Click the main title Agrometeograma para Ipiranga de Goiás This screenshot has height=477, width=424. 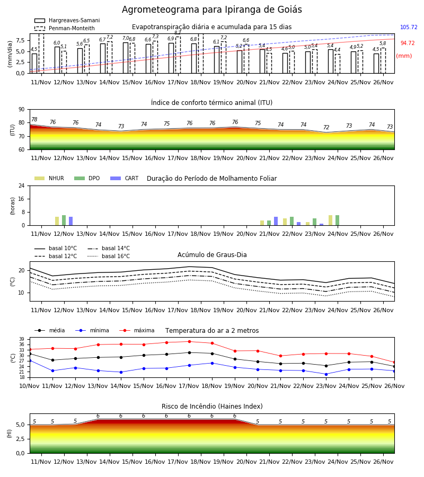pyautogui.click(x=211, y=10)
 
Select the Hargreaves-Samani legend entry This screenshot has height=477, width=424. pyautogui.click(x=67, y=20)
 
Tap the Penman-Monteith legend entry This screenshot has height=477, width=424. pyautogui.click(x=65, y=28)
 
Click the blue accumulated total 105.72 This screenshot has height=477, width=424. pyautogui.click(x=409, y=27)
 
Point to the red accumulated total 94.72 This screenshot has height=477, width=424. pyautogui.click(x=408, y=43)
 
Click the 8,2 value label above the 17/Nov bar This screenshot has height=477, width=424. pyautogui.click(x=178, y=32)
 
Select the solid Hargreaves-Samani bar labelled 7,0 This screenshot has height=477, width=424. pyautogui.click(x=125, y=58)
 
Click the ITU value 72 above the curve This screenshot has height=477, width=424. pyautogui.click(x=326, y=127)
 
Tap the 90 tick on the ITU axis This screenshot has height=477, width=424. pyautogui.click(x=22, y=110)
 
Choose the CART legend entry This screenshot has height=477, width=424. pyautogui.click(x=125, y=178)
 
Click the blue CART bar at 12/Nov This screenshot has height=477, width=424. pyautogui.click(x=70, y=221)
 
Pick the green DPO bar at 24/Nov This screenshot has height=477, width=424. pyautogui.click(x=337, y=220)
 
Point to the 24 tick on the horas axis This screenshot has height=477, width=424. pyautogui.click(x=22, y=185)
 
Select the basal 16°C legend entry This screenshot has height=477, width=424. pyautogui.click(x=109, y=256)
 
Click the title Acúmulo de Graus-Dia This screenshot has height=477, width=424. pyautogui.click(x=212, y=254)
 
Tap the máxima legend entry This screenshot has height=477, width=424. pyautogui.click(x=137, y=330)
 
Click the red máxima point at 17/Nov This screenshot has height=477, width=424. pyautogui.click(x=190, y=342)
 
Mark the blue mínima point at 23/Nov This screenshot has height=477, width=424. pyautogui.click(x=326, y=375)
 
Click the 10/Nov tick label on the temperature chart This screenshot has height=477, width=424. pyautogui.click(x=29, y=386)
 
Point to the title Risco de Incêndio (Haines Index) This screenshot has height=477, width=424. pyautogui.click(x=212, y=406)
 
